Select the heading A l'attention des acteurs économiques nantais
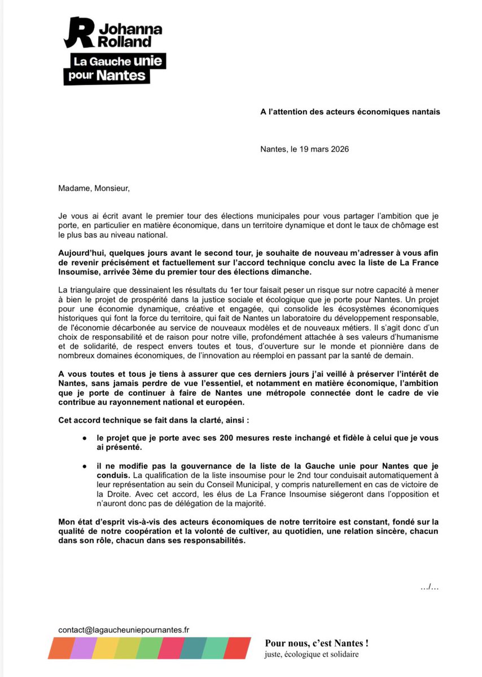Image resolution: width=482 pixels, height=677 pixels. [350, 112]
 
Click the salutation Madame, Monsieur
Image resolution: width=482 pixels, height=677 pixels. [94, 188]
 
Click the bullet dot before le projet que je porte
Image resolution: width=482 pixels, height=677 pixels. [84, 438]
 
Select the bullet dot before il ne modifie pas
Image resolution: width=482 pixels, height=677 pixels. [84, 465]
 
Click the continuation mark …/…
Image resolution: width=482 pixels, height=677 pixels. [429, 587]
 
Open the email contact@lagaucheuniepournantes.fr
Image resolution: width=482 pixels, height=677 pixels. [124, 629]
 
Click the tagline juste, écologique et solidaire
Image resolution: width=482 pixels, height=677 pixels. [312, 655]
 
